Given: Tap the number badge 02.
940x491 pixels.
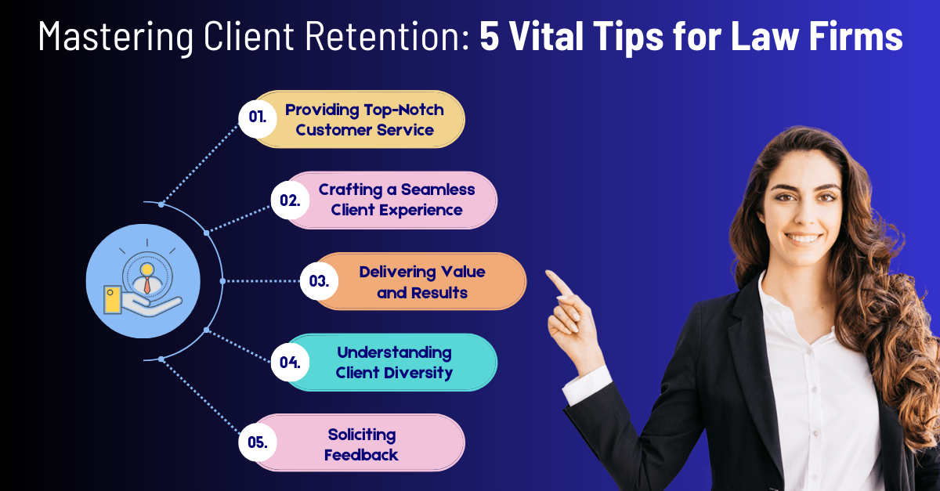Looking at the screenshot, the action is (290, 200).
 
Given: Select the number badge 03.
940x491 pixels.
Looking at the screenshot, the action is (319, 281).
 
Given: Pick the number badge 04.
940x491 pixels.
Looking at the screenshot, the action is (290, 362).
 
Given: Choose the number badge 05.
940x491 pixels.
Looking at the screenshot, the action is (258, 442).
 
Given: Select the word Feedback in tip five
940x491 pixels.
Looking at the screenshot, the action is (361, 455).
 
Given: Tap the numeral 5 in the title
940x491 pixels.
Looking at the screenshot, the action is (490, 36).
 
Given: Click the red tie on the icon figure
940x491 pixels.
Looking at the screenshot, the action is (147, 284).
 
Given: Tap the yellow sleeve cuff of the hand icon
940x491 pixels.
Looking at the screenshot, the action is (113, 300).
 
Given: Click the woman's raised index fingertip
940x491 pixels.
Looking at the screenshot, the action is (549, 273).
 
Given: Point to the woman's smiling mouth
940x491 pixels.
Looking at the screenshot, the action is (803, 238).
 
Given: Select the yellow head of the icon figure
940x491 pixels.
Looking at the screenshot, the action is (147, 269).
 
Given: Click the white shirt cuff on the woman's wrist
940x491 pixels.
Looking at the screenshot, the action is (587, 384).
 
